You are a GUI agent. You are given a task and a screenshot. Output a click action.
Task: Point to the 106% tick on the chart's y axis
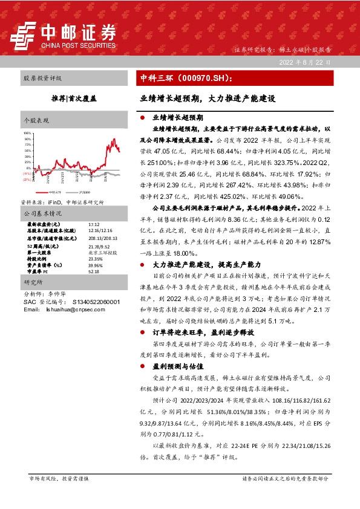pos(28,132)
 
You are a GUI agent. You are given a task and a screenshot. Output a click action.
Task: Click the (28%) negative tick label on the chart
pos(27,180)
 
